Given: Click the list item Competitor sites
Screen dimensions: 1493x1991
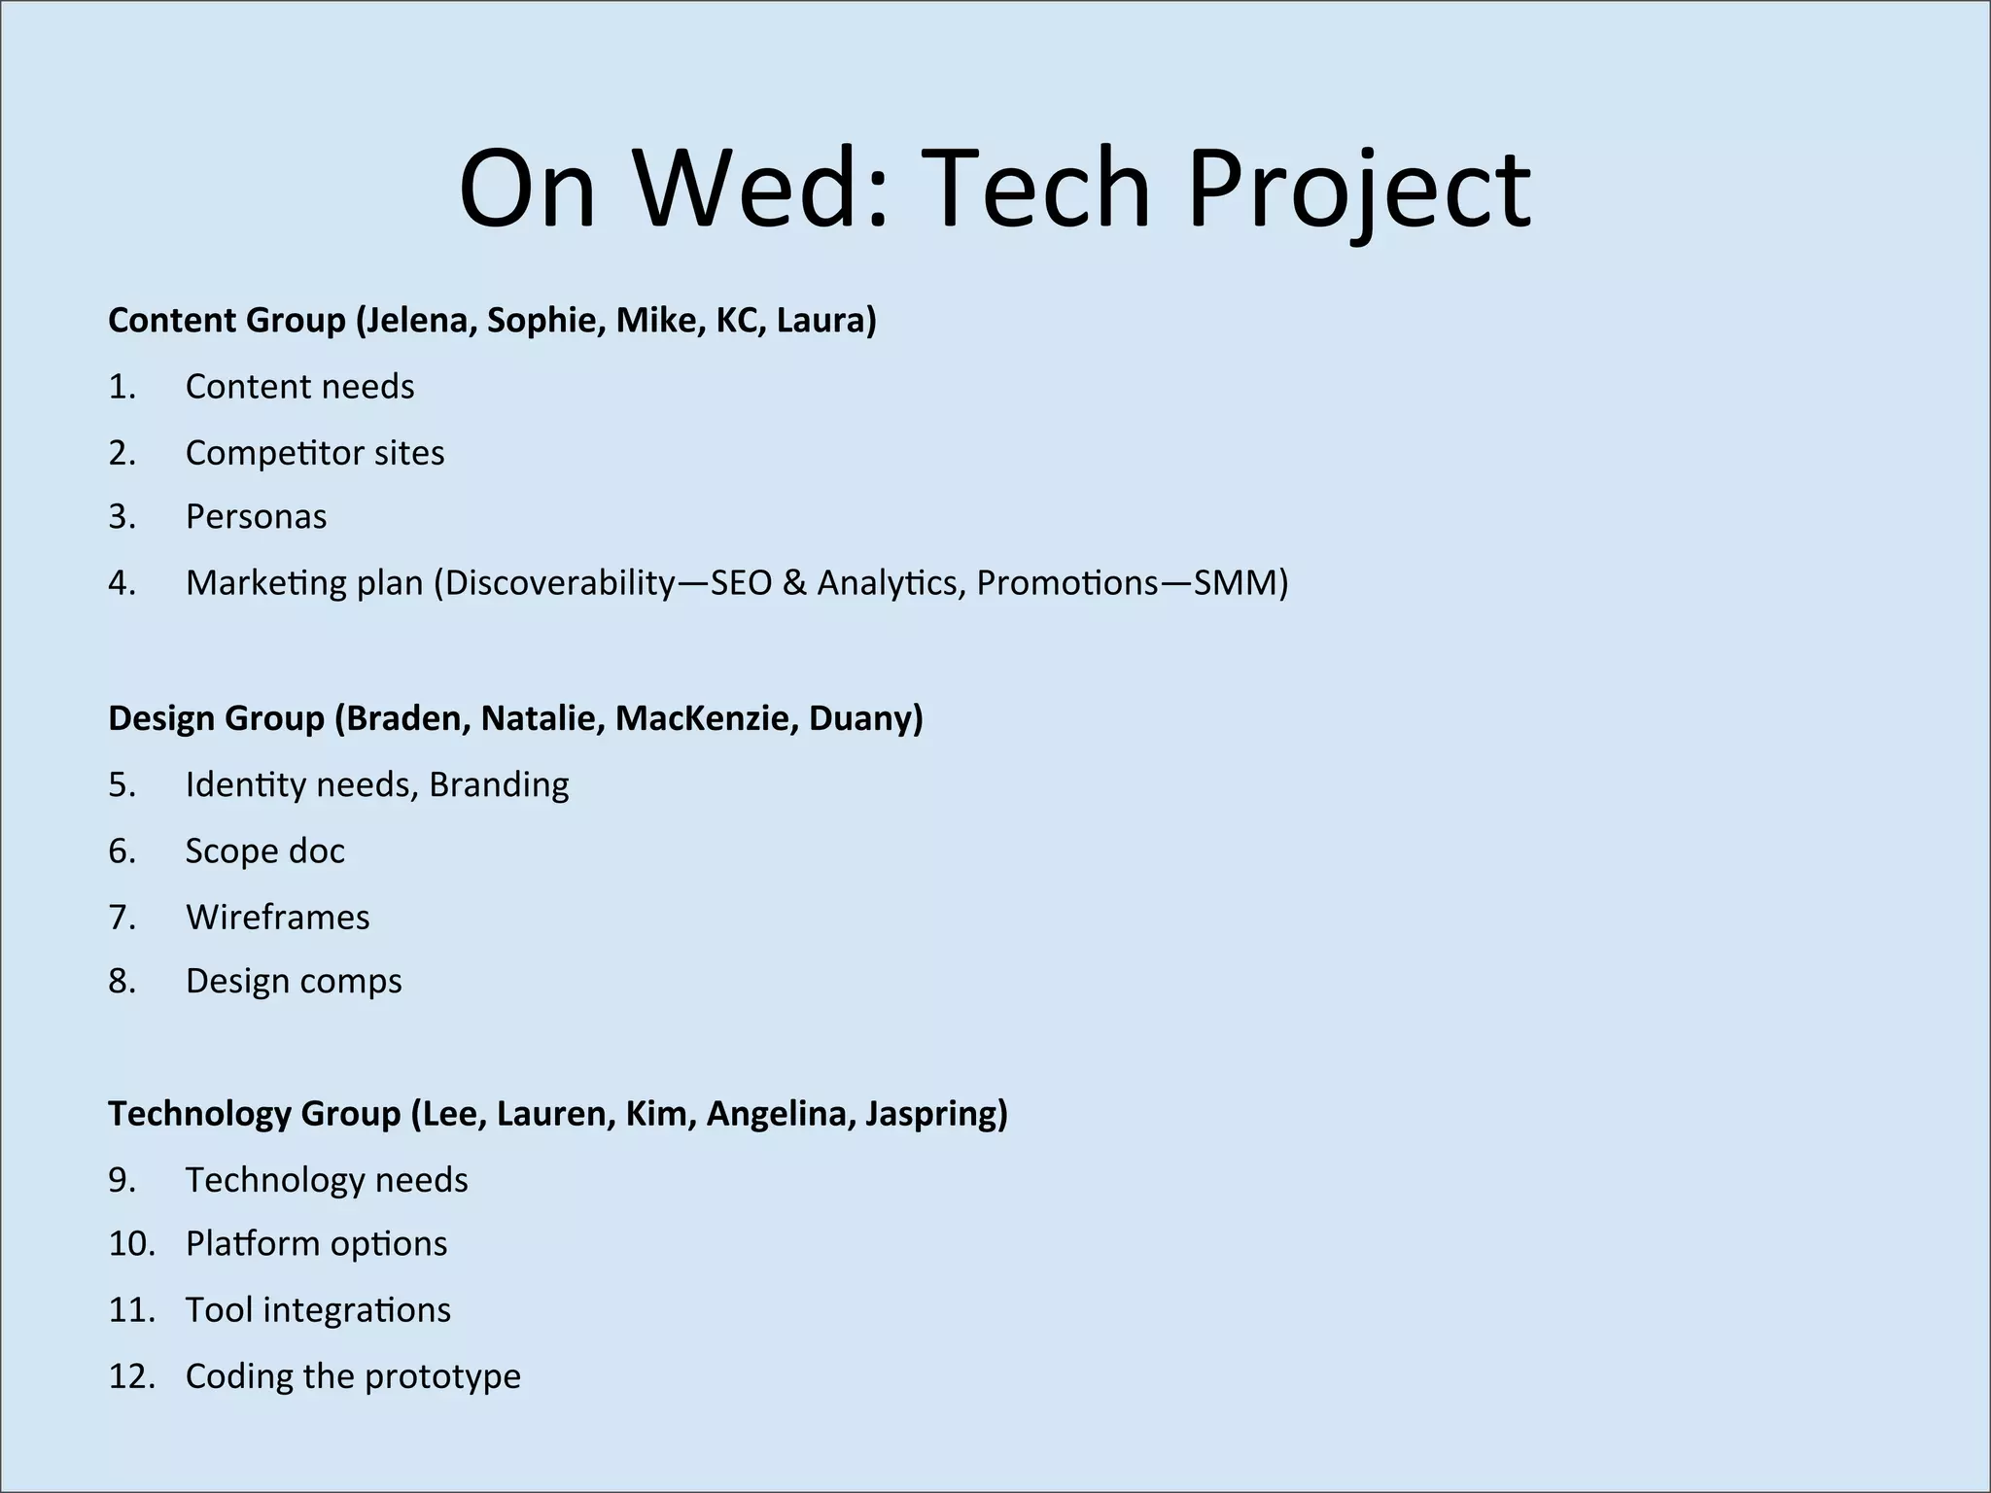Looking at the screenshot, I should pyautogui.click(x=315, y=453).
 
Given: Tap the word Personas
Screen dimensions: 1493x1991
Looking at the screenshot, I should pyautogui.click(x=256, y=517).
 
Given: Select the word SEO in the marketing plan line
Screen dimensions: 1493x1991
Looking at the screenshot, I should pyautogui.click(x=741, y=583).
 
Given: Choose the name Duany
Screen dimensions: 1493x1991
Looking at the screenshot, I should pyautogui.click(x=864, y=718).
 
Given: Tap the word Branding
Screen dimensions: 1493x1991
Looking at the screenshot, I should pyautogui.click(x=499, y=784).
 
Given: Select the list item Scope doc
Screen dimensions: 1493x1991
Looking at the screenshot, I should pyautogui.click(x=264, y=851).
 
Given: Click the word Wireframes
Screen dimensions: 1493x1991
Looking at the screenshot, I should pyautogui.click(x=278, y=918).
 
